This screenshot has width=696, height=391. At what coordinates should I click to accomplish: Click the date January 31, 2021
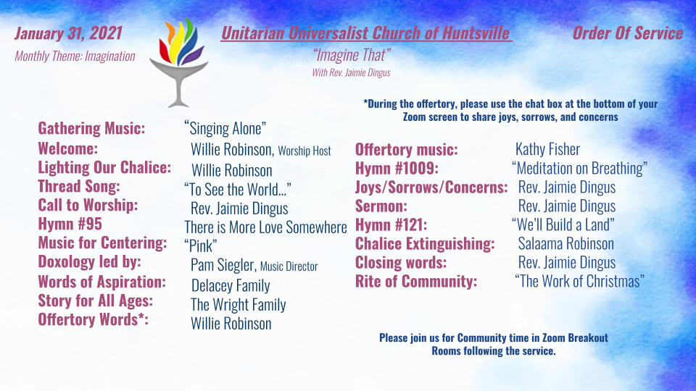(68, 34)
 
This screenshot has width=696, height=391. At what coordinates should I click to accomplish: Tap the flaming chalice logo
(178, 62)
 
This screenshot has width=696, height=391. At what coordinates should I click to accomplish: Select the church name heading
(365, 33)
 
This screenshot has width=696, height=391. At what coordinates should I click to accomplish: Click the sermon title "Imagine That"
(352, 55)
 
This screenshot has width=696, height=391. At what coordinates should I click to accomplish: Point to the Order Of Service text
(628, 33)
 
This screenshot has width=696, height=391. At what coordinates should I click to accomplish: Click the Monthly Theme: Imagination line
(75, 56)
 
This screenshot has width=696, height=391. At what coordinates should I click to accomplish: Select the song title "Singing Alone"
(225, 129)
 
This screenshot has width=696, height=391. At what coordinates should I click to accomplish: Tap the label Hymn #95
(70, 224)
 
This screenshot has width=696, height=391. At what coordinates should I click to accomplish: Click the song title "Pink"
(201, 245)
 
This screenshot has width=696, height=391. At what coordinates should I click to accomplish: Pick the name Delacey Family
(231, 285)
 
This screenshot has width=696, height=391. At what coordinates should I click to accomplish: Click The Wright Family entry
(239, 305)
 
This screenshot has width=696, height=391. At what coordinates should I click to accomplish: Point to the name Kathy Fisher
(548, 149)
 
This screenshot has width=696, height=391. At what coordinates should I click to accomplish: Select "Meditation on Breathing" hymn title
(580, 169)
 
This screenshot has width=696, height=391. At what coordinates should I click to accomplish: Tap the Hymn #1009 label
(397, 169)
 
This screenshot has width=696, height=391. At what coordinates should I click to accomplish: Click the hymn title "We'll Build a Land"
(563, 224)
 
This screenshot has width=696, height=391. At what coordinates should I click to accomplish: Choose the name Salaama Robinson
(566, 244)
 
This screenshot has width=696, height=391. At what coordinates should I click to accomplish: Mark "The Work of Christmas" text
(580, 281)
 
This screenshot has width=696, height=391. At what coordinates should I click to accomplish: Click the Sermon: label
(381, 206)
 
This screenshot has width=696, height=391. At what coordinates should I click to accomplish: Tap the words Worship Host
(304, 151)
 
